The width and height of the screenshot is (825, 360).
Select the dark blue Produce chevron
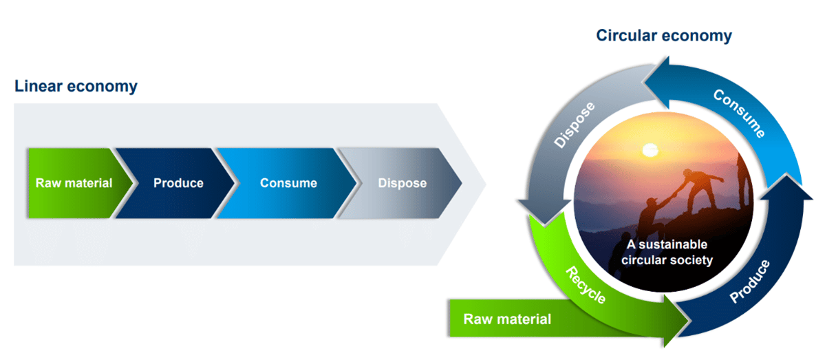(x=178, y=183)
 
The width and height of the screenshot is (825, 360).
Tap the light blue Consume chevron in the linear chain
(x=288, y=183)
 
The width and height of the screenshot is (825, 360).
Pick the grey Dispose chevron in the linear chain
(x=403, y=183)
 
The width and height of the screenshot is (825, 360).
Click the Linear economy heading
(x=76, y=87)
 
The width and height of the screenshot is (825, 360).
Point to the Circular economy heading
(x=663, y=35)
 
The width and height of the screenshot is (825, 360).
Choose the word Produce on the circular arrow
(x=749, y=281)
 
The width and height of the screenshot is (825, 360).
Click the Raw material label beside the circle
(x=507, y=319)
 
